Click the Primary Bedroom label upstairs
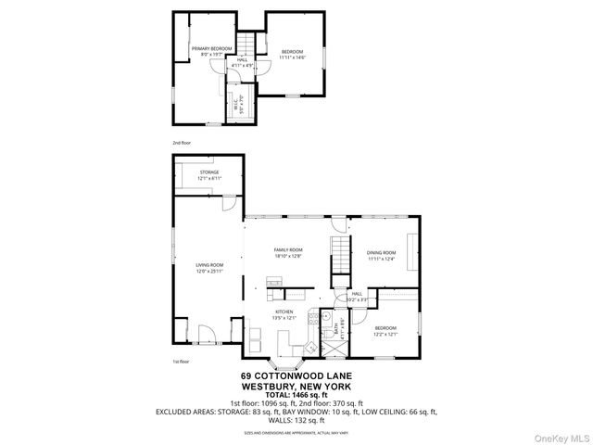pos(211,48)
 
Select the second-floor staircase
pos(246,45)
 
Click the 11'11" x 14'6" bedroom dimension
pos(293,57)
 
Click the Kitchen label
pos(284,314)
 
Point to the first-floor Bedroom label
pos(385,329)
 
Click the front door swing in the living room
pos(208,333)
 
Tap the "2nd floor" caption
pos(181,143)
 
